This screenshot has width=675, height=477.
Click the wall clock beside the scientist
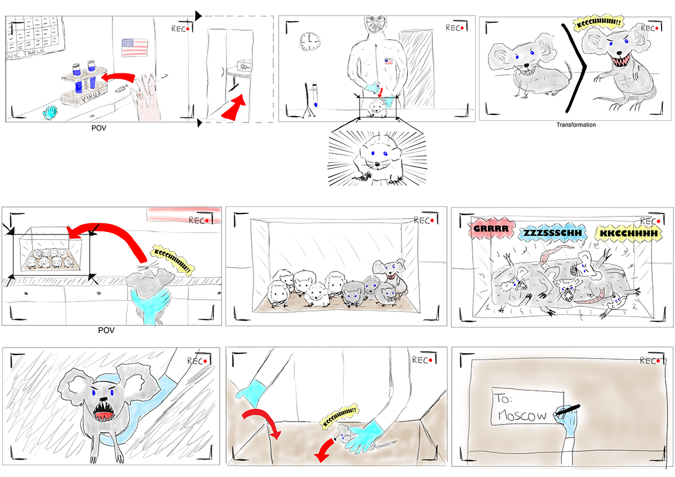pyautogui.click(x=309, y=41)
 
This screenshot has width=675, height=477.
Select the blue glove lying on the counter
pyautogui.click(x=51, y=111)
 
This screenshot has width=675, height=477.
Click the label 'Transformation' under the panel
pyautogui.click(x=576, y=125)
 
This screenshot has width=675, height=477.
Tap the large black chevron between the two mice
pyautogui.click(x=574, y=68)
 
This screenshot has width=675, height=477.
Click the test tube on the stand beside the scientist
pyautogui.click(x=314, y=95)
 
